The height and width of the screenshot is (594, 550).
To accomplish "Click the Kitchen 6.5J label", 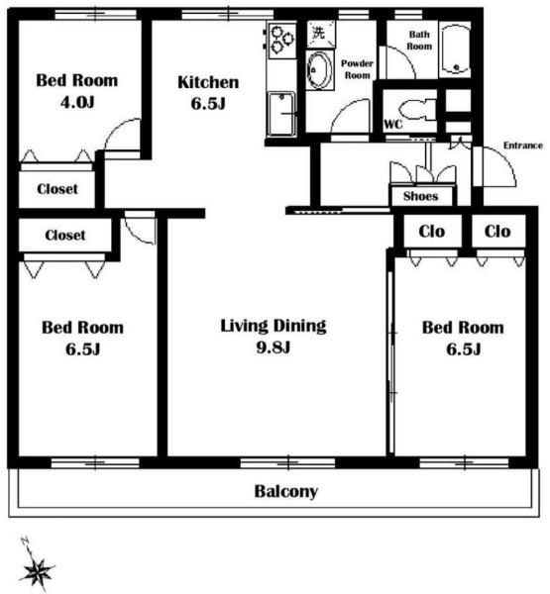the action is coord(208,92).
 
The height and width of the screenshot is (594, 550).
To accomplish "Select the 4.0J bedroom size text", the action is coord(77,102).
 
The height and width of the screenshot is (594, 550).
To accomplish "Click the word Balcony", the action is coord(286,491).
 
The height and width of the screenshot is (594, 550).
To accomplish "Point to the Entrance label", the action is coord(522,146).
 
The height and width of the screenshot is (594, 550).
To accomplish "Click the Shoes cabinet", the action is coord(421,195).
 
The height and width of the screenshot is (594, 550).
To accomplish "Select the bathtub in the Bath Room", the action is coord(455,49).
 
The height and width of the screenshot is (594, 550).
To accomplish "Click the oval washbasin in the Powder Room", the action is coord(319,70).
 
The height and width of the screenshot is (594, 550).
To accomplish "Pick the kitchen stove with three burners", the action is coord(281,40).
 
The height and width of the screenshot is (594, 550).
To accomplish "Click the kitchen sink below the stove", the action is coord(281,114).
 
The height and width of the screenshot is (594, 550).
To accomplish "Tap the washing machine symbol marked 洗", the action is coord(321,34).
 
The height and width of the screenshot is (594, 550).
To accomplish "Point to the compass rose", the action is coord(37,568).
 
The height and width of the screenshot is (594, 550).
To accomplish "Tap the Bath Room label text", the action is coord(419,41).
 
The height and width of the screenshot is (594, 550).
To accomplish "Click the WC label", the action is coord(393,125).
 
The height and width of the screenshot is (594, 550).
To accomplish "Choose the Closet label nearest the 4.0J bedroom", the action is coord(57,189).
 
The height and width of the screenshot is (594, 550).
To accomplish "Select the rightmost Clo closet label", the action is coord(497,231).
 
